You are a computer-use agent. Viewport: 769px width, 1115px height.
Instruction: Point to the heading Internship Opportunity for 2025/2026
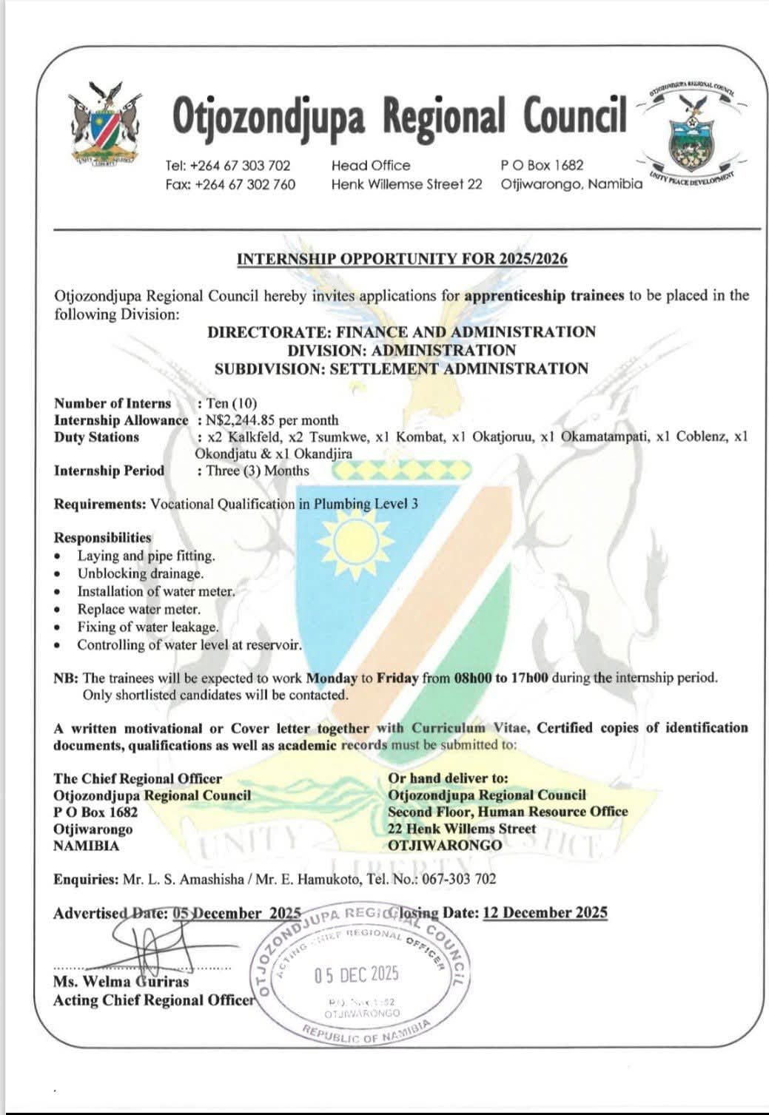(x=402, y=259)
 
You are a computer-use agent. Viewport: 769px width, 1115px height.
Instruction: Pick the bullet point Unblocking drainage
(x=140, y=573)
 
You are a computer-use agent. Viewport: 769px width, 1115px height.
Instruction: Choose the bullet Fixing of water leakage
(x=148, y=627)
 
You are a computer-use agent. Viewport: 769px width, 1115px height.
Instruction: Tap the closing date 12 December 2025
(x=545, y=912)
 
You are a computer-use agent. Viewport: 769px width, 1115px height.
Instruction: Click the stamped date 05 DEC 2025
(x=356, y=974)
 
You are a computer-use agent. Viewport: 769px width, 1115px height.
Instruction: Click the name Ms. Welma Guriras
(x=121, y=982)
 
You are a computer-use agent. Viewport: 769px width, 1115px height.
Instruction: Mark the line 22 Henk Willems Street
(x=462, y=829)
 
